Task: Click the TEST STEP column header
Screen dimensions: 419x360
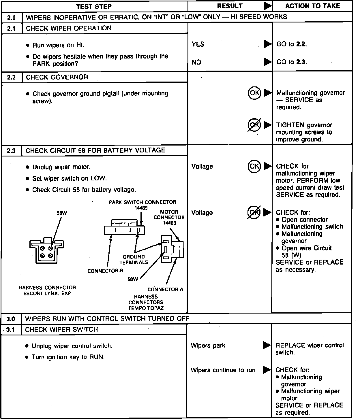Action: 94,6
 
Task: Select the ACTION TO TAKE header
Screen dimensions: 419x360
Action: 313,6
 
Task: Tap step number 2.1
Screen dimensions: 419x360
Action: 11,29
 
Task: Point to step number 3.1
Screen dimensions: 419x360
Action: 10,330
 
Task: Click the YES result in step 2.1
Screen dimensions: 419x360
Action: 198,44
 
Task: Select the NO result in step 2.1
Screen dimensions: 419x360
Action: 196,62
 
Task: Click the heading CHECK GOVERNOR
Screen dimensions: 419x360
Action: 57,77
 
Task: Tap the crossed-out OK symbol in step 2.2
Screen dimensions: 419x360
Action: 254,125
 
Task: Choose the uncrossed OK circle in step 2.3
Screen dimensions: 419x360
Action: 254,166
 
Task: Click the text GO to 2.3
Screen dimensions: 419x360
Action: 291,62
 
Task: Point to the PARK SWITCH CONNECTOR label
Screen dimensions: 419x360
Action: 142,202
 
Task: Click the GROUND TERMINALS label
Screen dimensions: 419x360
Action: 134,259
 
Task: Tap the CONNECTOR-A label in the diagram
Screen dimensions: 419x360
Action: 165,290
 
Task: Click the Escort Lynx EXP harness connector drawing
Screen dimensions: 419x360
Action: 46,250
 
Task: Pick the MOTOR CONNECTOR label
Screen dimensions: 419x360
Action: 169,215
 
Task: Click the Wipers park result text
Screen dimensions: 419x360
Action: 208,346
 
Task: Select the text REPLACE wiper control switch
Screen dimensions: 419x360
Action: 310,349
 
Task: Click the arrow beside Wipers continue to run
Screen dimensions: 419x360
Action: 267,370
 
